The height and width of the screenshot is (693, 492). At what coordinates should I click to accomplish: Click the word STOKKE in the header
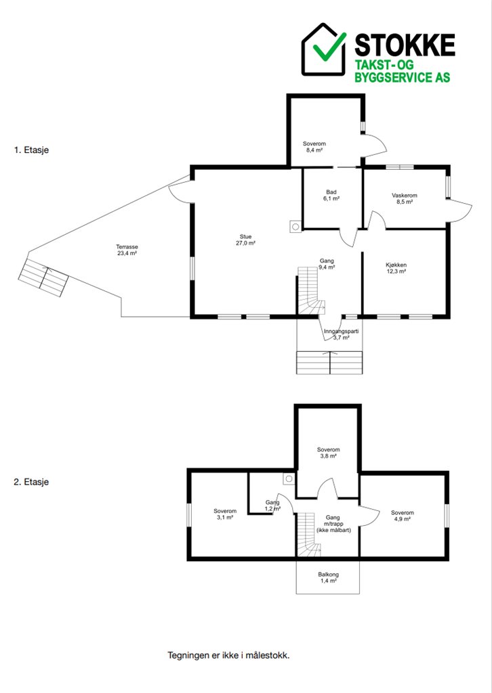tap(405, 45)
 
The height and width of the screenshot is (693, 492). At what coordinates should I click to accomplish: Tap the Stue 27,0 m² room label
tap(245, 240)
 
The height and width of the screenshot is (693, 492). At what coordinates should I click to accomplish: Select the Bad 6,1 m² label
tap(331, 196)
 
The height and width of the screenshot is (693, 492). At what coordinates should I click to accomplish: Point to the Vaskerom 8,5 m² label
tap(405, 198)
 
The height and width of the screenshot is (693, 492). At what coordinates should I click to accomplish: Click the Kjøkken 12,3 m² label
tap(396, 268)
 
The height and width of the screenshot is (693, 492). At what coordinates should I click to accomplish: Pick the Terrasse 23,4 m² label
tap(127, 250)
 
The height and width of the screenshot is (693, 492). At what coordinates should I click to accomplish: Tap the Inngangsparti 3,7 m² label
tap(341, 334)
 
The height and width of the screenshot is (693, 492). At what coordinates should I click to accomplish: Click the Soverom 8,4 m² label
tap(314, 147)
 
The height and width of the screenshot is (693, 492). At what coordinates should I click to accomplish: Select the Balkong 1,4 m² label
tap(328, 578)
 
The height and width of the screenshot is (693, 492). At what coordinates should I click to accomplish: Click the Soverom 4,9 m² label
tap(403, 516)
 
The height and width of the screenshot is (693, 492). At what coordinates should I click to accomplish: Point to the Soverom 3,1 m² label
tap(225, 514)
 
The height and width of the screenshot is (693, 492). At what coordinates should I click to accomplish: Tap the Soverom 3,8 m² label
tap(328, 453)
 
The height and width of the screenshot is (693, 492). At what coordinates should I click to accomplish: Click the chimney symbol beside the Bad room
tap(295, 226)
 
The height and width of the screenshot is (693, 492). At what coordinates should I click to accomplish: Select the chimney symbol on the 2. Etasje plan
tap(289, 478)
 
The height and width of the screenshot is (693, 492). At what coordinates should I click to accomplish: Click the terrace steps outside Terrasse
tap(43, 278)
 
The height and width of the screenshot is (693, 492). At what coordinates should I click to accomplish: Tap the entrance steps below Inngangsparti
tap(329, 363)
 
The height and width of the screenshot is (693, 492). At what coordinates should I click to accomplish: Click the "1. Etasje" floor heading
tap(31, 150)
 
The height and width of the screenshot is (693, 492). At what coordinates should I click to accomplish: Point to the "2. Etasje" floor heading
tap(31, 482)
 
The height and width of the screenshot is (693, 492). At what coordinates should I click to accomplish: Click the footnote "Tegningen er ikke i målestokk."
tap(228, 655)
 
